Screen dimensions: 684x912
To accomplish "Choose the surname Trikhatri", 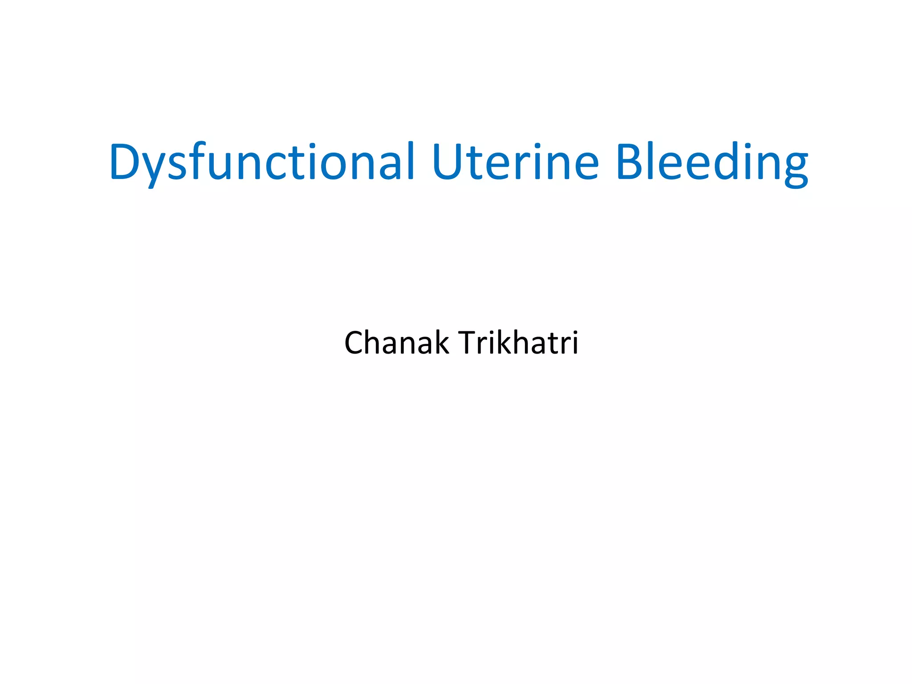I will click(518, 343).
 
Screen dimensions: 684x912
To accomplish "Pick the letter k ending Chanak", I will click(441, 343).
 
